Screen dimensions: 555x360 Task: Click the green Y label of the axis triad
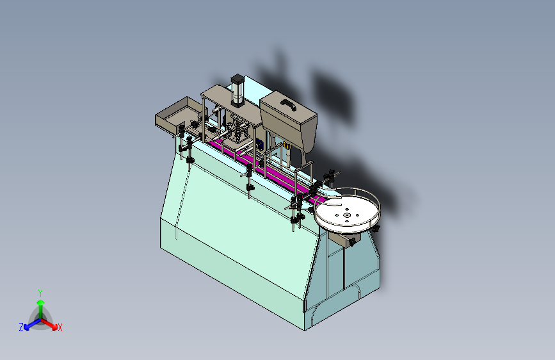pyautogui.click(x=40, y=293)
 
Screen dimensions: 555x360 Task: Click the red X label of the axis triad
pyautogui.click(x=60, y=327)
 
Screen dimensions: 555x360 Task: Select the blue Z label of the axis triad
pyautogui.click(x=21, y=327)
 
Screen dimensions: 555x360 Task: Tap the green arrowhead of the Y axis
pyautogui.click(x=41, y=302)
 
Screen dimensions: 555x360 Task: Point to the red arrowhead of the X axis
pyautogui.click(x=54, y=327)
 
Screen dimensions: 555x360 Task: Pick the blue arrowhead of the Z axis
pyautogui.click(x=27, y=327)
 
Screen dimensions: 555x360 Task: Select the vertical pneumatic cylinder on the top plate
pyautogui.click(x=237, y=91)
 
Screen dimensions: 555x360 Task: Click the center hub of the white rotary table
pyautogui.click(x=347, y=215)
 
